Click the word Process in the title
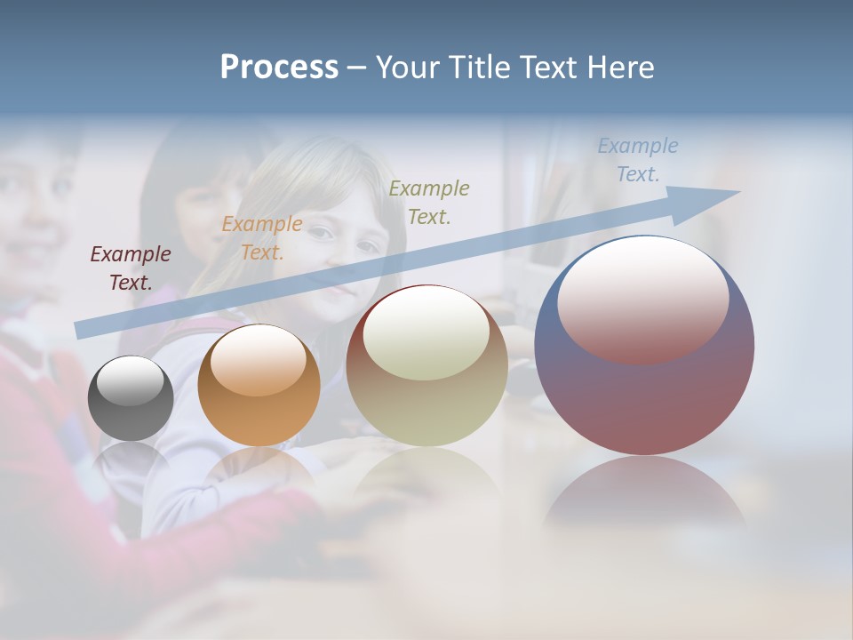(x=279, y=68)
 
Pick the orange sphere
(x=259, y=409)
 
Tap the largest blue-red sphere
(x=644, y=391)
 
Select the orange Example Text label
(x=262, y=238)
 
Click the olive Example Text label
(x=429, y=202)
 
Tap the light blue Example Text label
(x=638, y=159)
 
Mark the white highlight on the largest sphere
(x=643, y=298)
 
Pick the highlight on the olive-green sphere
(x=426, y=332)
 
